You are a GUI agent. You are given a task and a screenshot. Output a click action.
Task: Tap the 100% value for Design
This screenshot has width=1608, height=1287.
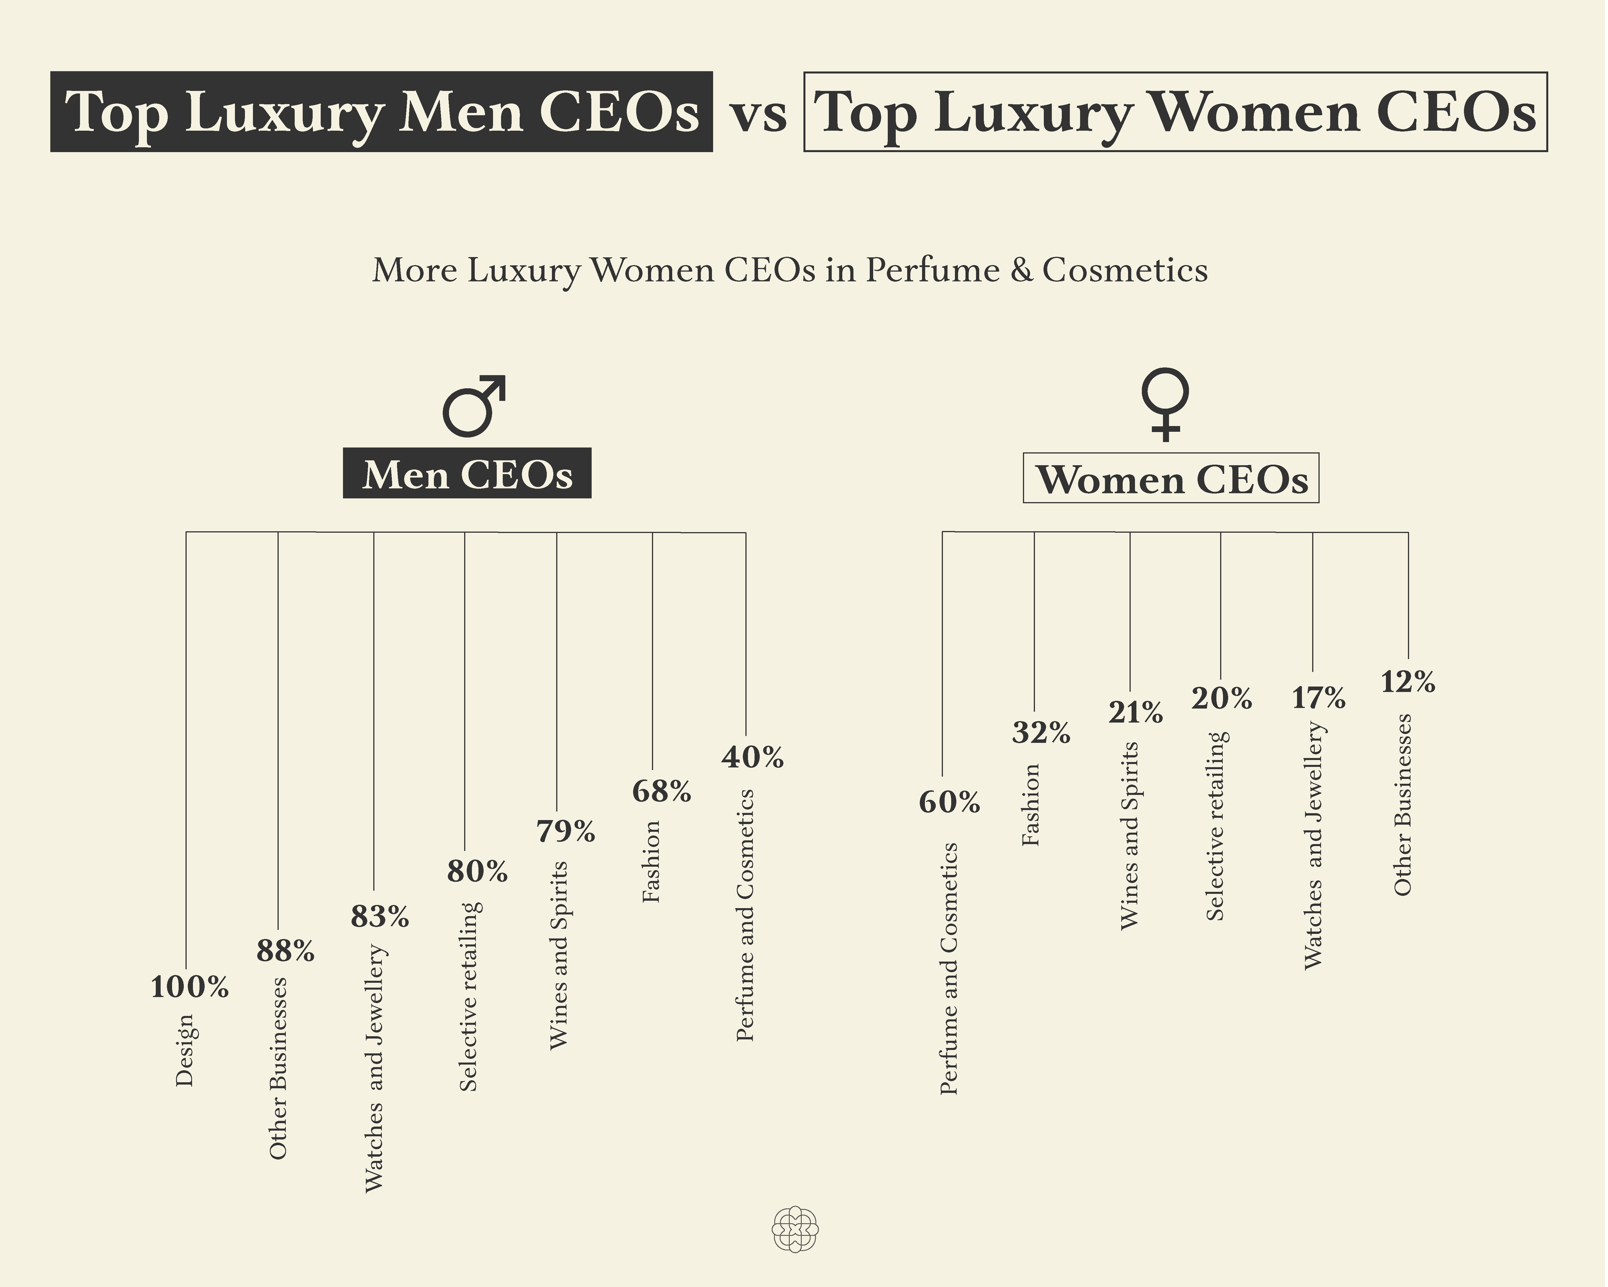(189, 988)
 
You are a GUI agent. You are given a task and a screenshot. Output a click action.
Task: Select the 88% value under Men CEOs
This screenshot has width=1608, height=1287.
(285, 951)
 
